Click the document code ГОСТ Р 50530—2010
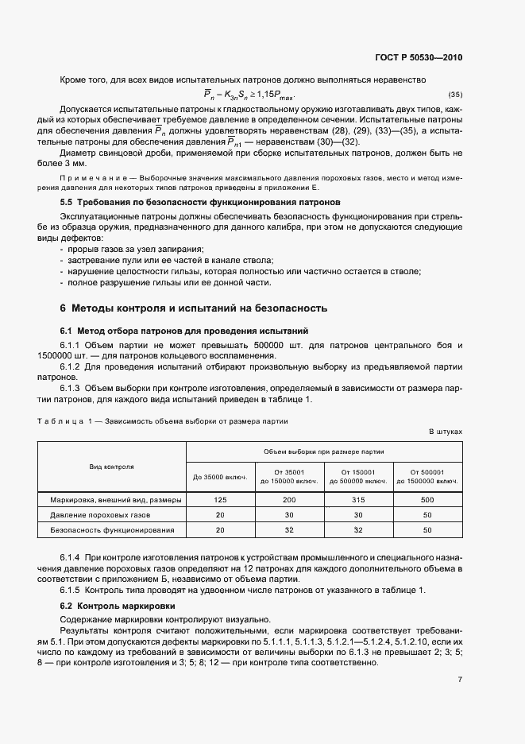click(419, 57)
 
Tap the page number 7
click(460, 679)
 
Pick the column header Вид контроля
click(112, 466)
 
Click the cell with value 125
click(220, 500)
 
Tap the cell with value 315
click(358, 500)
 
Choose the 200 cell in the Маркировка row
click(289, 500)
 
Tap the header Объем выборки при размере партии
click(323, 450)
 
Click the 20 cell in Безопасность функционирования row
click(220, 529)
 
